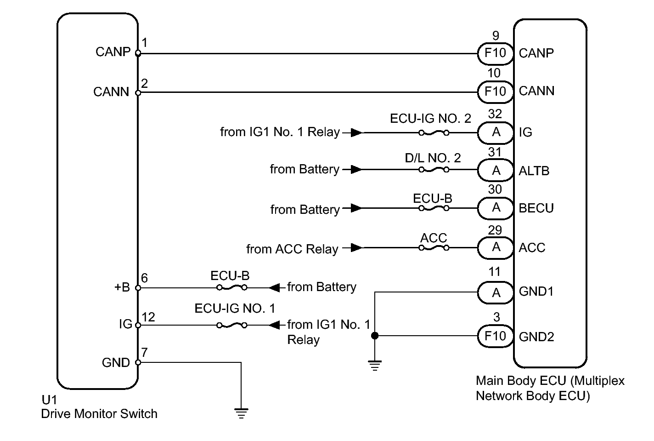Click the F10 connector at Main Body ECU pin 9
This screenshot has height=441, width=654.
click(x=495, y=53)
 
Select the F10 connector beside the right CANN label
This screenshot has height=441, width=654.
click(x=495, y=91)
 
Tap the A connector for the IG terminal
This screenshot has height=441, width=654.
click(x=496, y=132)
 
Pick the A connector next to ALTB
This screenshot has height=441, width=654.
click(x=496, y=171)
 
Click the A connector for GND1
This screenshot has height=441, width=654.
click(x=496, y=292)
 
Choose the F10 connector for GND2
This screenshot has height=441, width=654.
click(x=495, y=336)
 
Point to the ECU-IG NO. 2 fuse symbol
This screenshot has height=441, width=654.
click(x=434, y=133)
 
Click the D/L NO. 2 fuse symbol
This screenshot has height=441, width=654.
click(x=434, y=170)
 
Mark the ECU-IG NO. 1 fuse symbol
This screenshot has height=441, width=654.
click(x=231, y=325)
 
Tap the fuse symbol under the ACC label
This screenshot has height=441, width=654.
click(x=434, y=248)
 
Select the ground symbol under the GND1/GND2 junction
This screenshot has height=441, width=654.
click(x=375, y=366)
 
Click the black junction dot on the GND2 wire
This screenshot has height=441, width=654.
click(x=375, y=336)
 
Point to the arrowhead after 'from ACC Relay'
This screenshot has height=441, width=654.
click(x=355, y=248)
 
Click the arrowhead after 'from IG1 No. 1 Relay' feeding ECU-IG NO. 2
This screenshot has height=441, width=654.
click(x=355, y=133)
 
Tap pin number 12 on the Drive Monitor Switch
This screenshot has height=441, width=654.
click(x=148, y=317)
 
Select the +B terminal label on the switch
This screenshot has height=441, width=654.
click(x=122, y=287)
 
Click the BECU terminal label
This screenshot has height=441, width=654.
click(x=536, y=208)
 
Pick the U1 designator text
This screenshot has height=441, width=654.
click(x=49, y=400)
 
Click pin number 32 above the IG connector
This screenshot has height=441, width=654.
click(x=495, y=114)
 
